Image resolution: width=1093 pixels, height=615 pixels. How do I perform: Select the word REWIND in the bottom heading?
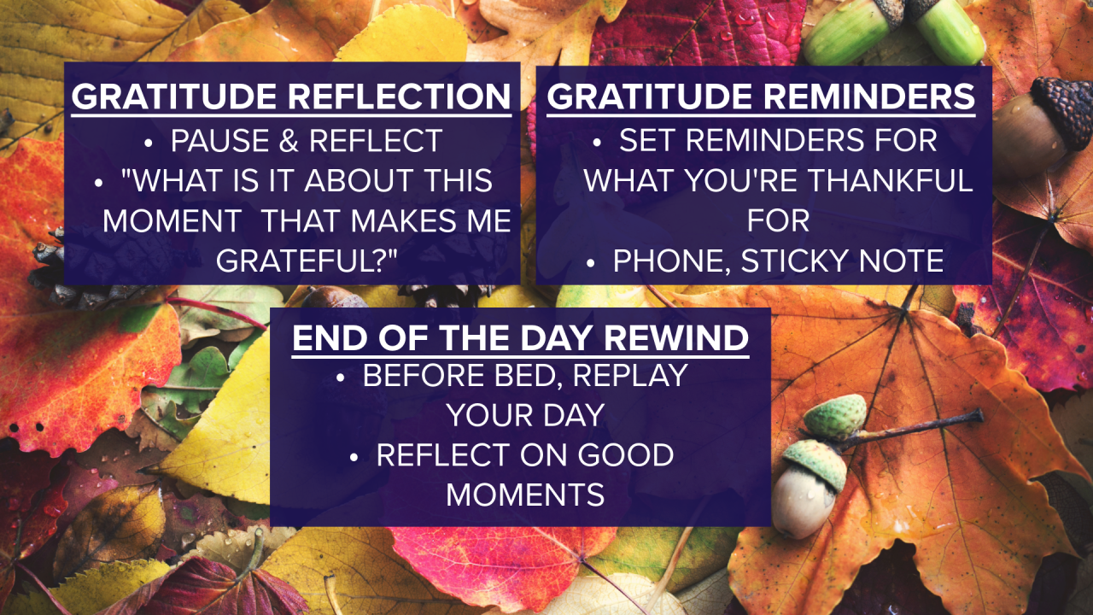[x=677, y=339]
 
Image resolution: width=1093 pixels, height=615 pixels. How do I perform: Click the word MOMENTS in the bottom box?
[x=525, y=495]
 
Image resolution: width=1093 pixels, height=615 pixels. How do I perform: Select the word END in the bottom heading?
[x=323, y=339]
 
